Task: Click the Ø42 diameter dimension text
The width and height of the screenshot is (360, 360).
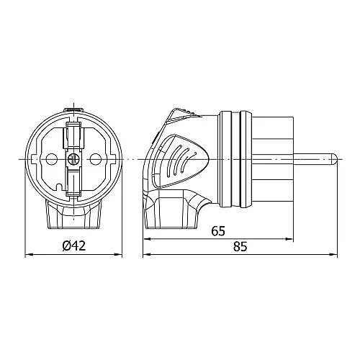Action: coord(74,246)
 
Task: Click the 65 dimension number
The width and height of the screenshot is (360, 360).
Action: coord(218,231)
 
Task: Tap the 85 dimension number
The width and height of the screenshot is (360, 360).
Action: coord(240,246)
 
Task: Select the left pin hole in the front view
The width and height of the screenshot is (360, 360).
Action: coord(51,159)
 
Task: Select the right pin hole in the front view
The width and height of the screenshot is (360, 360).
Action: coord(96,159)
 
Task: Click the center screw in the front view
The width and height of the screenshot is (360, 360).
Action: coord(73,159)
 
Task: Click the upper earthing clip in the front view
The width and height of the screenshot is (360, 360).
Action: coord(73,135)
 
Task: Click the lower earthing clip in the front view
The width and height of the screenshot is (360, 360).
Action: coord(73,182)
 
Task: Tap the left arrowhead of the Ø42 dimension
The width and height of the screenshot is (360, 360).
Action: coord(29,254)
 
